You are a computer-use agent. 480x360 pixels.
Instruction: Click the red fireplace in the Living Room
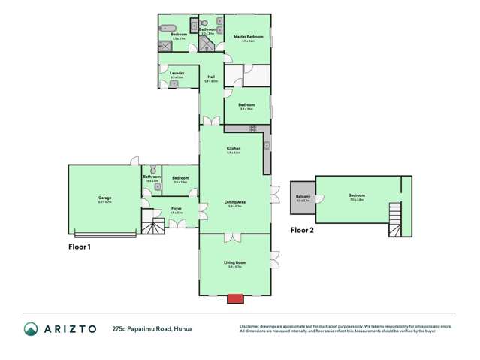[235, 298]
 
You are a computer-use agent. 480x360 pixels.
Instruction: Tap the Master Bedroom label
[249, 36]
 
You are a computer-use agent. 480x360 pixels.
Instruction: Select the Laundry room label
[177, 73]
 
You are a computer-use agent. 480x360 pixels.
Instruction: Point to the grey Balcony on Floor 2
[303, 199]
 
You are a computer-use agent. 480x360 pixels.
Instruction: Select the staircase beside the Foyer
[153, 224]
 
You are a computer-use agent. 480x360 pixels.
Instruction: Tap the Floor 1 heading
[80, 246]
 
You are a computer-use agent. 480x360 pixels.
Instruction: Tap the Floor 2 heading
[302, 231]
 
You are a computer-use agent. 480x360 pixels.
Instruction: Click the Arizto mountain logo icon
[31, 328]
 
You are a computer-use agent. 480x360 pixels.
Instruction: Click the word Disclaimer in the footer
[251, 326]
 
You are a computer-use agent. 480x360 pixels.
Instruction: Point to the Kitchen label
[234, 149]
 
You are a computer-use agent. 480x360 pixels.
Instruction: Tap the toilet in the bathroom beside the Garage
[152, 170]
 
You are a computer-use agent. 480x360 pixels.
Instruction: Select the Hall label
[211, 77]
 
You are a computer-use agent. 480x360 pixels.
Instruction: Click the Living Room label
[234, 262]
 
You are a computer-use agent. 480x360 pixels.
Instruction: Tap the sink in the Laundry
[174, 83]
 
